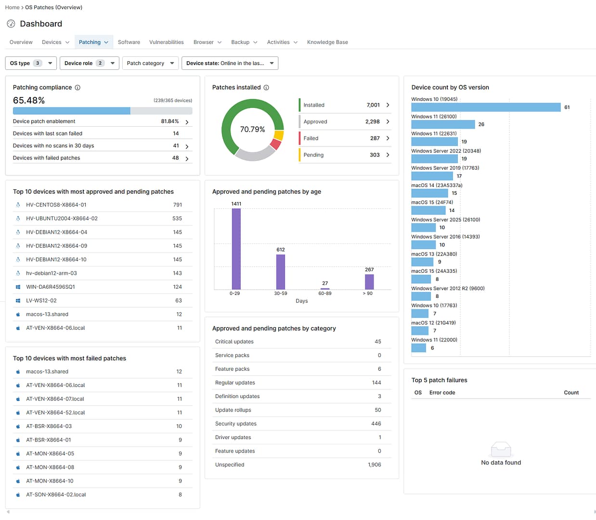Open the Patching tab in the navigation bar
(x=93, y=42)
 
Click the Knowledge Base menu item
(x=327, y=42)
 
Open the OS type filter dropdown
(x=31, y=63)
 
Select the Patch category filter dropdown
(x=150, y=63)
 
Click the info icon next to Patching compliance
(x=78, y=88)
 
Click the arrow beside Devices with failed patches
(x=187, y=159)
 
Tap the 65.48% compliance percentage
(x=29, y=100)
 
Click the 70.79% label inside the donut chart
(x=252, y=129)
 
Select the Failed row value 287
(x=375, y=138)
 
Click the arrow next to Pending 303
(x=388, y=155)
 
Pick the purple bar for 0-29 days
(x=236, y=249)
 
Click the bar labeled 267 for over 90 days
(x=369, y=281)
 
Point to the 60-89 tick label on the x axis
(x=325, y=293)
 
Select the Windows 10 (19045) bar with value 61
(x=485, y=107)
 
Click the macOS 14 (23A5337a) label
(x=437, y=186)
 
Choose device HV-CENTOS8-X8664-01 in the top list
(x=56, y=205)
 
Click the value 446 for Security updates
(x=376, y=424)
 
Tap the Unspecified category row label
(x=230, y=465)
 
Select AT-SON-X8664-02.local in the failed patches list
(x=56, y=495)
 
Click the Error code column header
(x=442, y=393)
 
